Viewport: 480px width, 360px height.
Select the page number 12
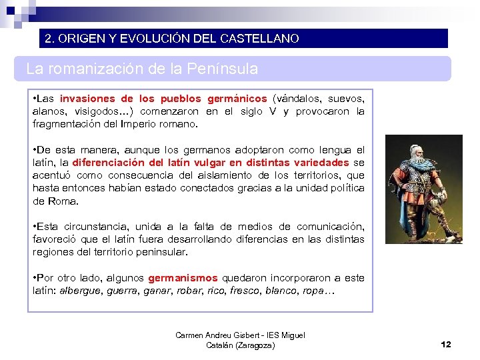pyautogui.click(x=446, y=344)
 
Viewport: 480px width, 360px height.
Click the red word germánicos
pyautogui.click(x=237, y=99)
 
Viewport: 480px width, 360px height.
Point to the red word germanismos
pyautogui.click(x=183, y=278)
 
